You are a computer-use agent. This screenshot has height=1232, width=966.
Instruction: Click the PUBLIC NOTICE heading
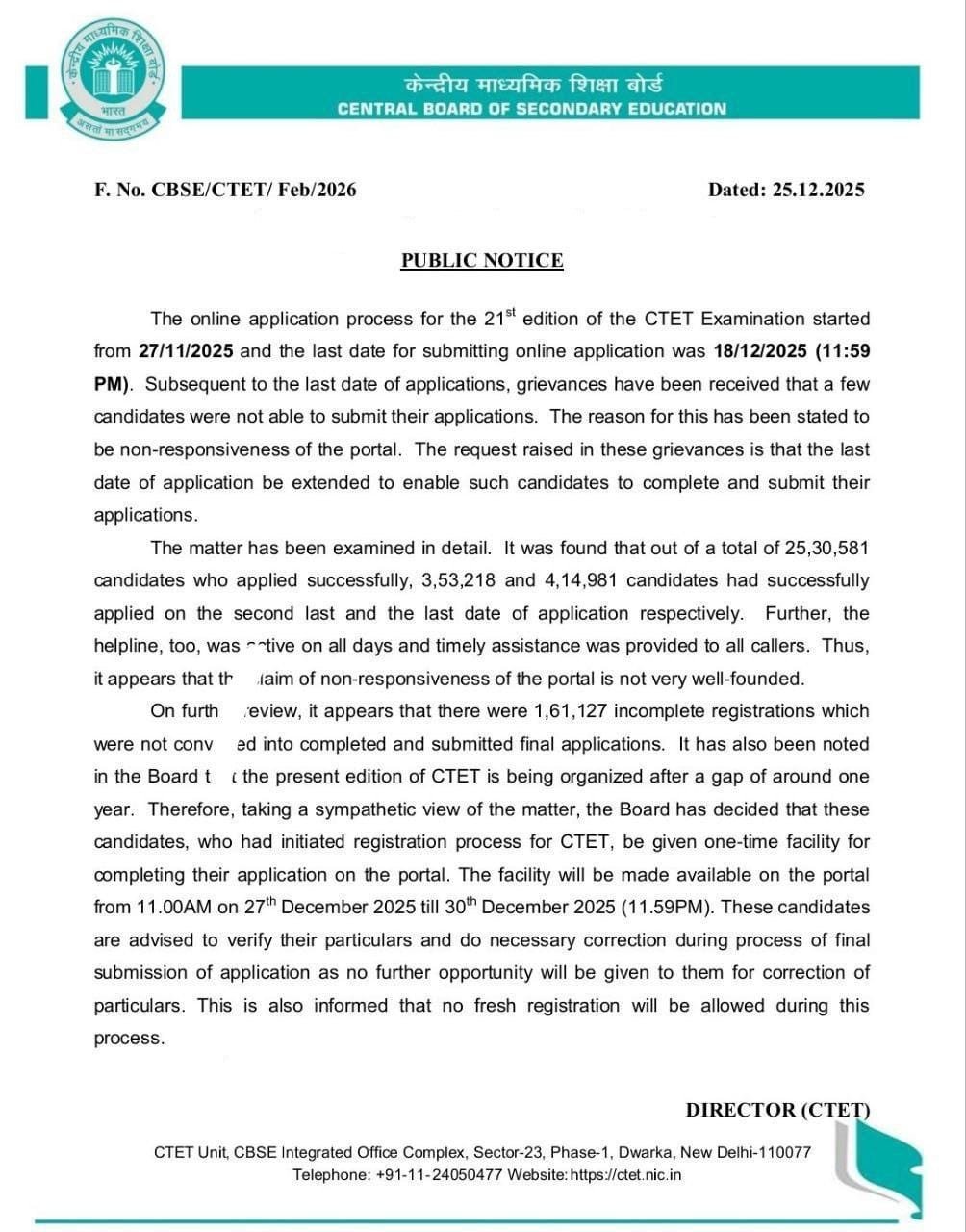click(x=482, y=261)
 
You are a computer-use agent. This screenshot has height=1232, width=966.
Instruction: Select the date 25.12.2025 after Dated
click(x=818, y=190)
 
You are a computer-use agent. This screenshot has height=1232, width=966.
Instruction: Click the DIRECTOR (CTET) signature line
click(x=777, y=1110)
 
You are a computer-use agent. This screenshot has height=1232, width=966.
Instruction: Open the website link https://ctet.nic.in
click(x=625, y=1175)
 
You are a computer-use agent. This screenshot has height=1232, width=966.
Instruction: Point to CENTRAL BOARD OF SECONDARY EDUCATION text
click(x=532, y=109)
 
